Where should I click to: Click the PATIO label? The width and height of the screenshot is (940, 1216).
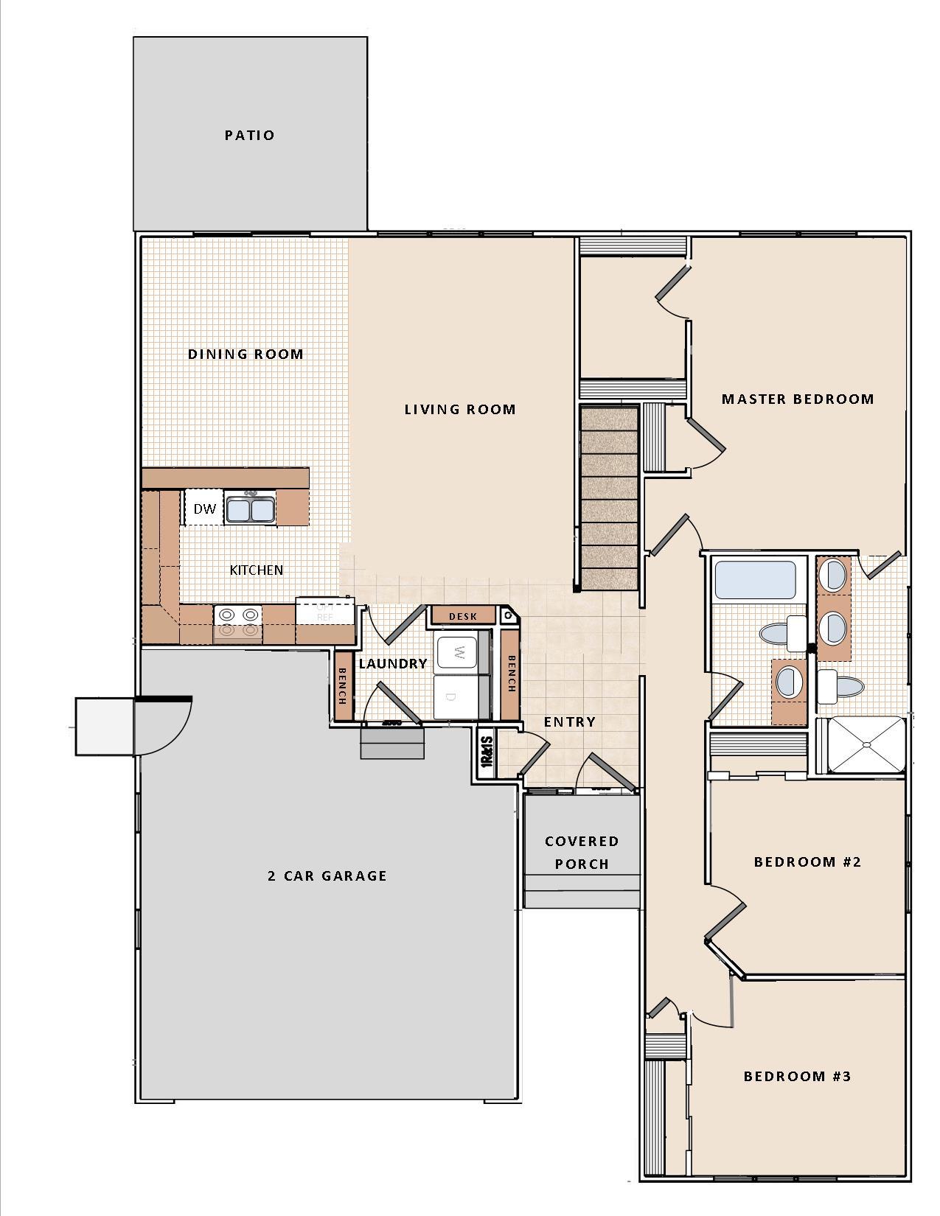pyautogui.click(x=249, y=135)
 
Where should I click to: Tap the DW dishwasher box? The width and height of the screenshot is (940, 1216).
pyautogui.click(x=204, y=509)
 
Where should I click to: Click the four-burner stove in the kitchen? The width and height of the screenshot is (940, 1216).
pyautogui.click(x=237, y=621)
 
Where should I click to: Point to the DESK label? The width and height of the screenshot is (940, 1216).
pyautogui.click(x=463, y=616)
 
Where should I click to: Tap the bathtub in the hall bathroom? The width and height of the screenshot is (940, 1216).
pyautogui.click(x=754, y=580)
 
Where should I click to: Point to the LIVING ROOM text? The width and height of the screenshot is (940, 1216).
pyautogui.click(x=459, y=409)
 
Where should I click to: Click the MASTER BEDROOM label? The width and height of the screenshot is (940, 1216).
pyautogui.click(x=797, y=399)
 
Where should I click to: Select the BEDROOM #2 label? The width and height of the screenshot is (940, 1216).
pyautogui.click(x=807, y=862)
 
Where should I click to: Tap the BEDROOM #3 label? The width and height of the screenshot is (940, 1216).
pyautogui.click(x=796, y=1076)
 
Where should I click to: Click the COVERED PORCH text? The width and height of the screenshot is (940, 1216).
pyautogui.click(x=582, y=852)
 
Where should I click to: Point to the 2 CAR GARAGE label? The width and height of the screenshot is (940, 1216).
pyautogui.click(x=327, y=876)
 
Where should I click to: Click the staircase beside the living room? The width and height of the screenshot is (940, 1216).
pyautogui.click(x=609, y=498)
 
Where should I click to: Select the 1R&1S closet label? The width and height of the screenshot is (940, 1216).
pyautogui.click(x=486, y=754)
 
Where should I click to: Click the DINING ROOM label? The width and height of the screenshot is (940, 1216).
pyautogui.click(x=246, y=354)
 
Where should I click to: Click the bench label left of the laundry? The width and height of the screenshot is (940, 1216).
pyautogui.click(x=342, y=686)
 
